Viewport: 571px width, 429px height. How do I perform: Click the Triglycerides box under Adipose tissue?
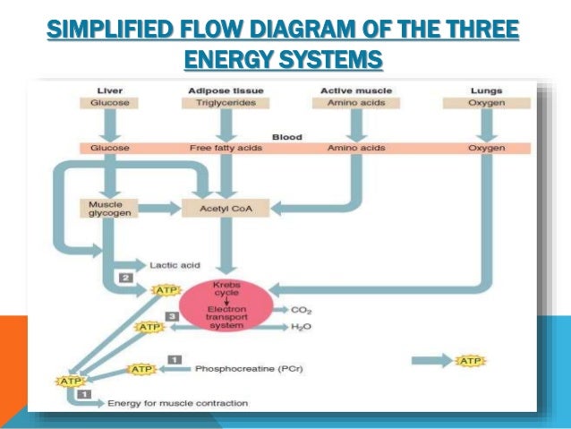[225, 103]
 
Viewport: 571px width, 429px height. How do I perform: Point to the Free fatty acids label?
[225, 148]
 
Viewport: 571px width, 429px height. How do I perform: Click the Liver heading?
[109, 90]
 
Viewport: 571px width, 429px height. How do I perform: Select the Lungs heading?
[486, 90]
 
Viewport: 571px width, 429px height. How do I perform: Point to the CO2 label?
[302, 310]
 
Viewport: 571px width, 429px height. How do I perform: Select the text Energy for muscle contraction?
[177, 404]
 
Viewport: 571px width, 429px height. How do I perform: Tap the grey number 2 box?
[127, 279]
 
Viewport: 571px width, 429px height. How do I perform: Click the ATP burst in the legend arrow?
[471, 361]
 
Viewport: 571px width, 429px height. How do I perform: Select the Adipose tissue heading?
[225, 90]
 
